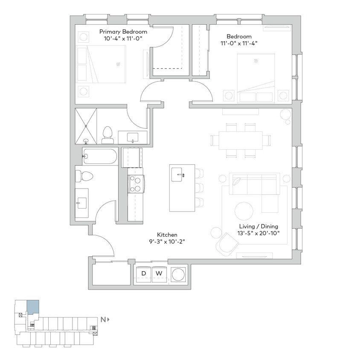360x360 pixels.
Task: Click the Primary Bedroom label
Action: (x=123, y=32)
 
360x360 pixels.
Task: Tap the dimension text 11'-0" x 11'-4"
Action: (x=239, y=43)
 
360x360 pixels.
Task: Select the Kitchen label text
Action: (x=167, y=235)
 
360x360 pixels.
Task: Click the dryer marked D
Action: (x=144, y=273)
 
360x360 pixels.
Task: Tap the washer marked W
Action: (x=159, y=273)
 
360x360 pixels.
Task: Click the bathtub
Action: (x=100, y=157)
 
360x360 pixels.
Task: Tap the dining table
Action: (x=241, y=140)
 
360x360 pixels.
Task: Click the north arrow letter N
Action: (x=103, y=319)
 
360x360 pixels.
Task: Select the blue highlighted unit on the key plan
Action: (x=33, y=307)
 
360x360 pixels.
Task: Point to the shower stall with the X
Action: (x=86, y=126)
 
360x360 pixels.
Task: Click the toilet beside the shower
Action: (x=107, y=135)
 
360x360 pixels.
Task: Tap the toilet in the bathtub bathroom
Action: (x=83, y=176)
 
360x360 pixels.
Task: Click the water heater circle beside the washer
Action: (x=178, y=273)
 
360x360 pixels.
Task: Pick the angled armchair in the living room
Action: (x=227, y=245)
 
